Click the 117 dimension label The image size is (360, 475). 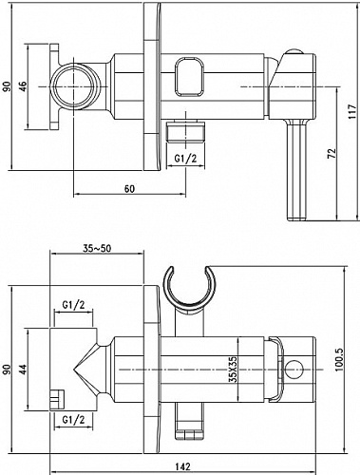[352, 111]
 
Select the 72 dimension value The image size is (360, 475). [332, 153]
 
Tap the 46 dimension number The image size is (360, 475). [23, 86]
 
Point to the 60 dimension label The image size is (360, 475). [129, 189]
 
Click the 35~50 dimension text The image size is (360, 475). [97, 249]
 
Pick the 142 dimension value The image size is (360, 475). [183, 466]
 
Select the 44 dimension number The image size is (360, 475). [23, 369]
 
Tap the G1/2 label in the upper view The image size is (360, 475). [186, 159]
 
